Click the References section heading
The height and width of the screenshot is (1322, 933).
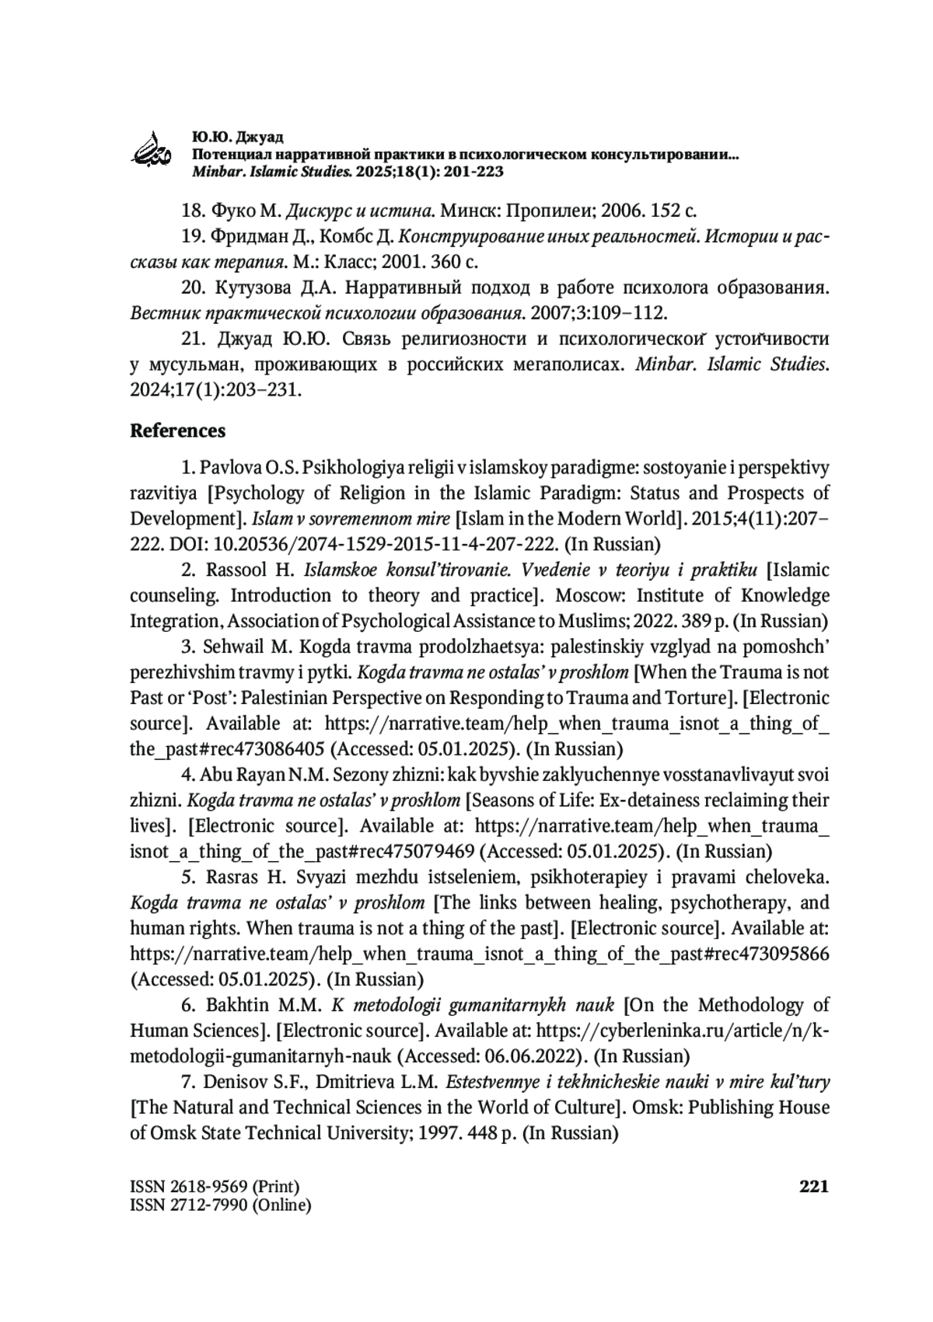click(177, 431)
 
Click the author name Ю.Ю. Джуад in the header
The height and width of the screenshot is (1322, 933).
click(226, 138)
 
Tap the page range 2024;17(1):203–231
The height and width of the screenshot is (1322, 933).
click(215, 390)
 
